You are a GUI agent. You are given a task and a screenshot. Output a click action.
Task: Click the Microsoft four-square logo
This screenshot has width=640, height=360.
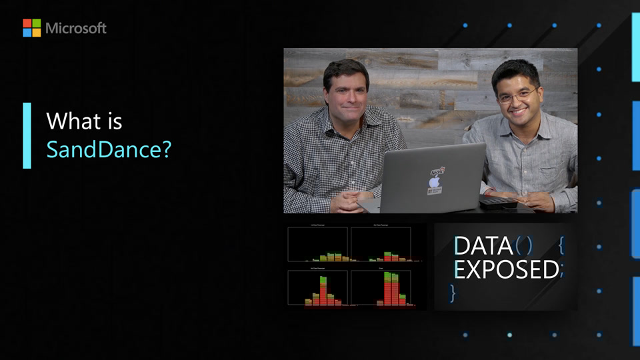(x=31, y=28)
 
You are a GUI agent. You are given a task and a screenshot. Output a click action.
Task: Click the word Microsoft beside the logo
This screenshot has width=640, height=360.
(x=76, y=28)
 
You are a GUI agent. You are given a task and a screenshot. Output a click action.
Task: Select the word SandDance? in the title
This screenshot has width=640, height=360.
(x=109, y=149)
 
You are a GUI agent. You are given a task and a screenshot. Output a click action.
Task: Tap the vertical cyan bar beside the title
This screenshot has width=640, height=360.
(x=27, y=135)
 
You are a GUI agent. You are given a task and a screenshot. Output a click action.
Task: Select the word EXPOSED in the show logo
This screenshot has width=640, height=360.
(x=506, y=269)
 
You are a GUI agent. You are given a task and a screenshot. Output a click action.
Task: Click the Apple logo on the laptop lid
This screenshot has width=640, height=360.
(x=434, y=181)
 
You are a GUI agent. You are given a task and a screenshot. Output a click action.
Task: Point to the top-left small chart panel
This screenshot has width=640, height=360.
(x=317, y=244)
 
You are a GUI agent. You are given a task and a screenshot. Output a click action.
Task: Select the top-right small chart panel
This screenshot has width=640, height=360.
(x=381, y=244)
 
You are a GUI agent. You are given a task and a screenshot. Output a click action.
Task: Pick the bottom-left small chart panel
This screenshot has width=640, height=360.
(x=317, y=287)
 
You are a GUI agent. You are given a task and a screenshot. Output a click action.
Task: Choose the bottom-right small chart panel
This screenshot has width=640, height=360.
(x=381, y=287)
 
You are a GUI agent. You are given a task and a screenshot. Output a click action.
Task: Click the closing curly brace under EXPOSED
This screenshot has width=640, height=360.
(x=453, y=292)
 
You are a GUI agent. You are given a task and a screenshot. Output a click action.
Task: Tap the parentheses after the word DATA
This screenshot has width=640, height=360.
(x=524, y=246)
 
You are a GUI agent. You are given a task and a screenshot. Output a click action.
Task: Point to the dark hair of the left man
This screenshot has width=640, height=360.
(x=345, y=69)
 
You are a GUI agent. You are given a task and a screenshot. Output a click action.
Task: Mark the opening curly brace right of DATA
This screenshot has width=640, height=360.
(x=561, y=246)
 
